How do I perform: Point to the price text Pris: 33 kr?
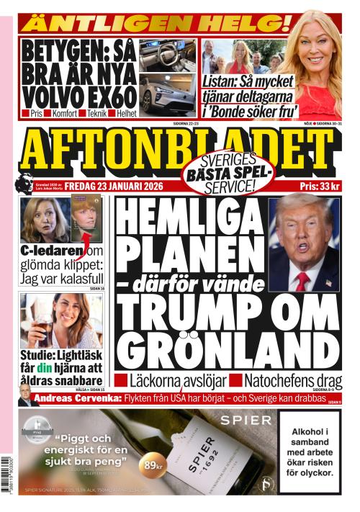(x=318, y=186)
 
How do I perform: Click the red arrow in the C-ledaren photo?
(x=85, y=235)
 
